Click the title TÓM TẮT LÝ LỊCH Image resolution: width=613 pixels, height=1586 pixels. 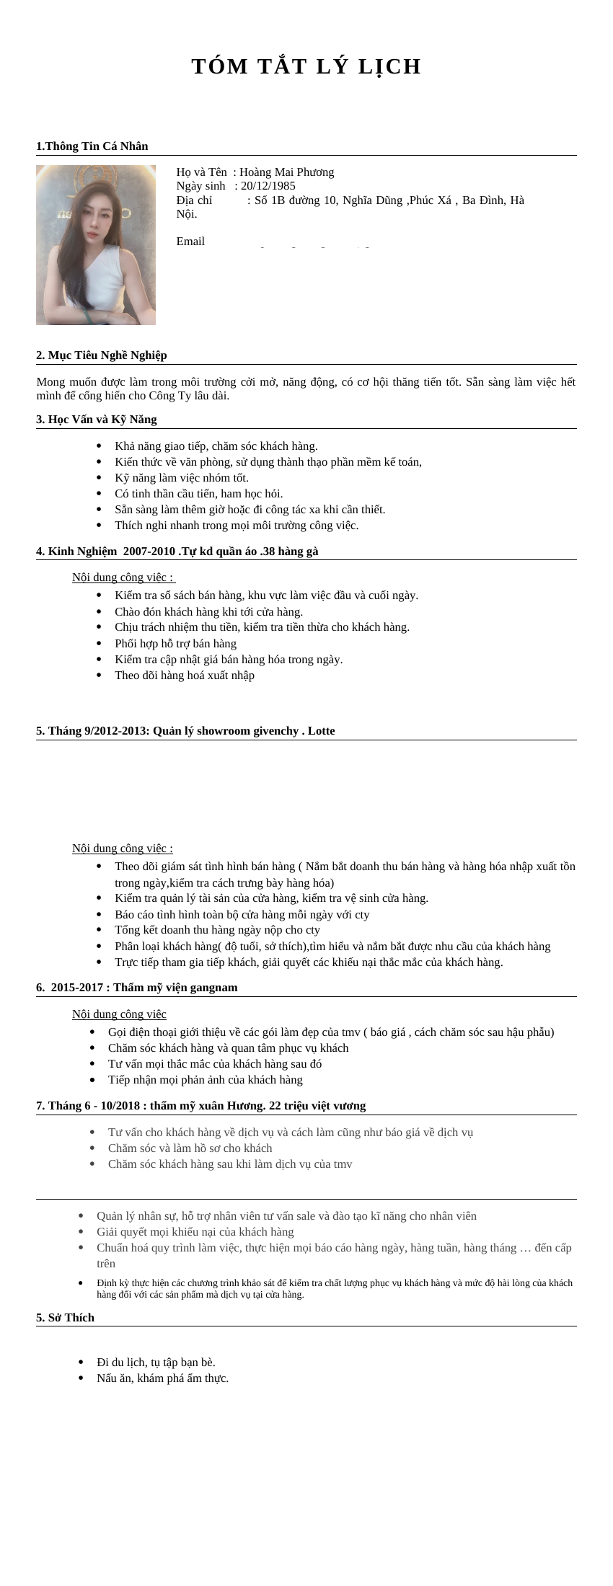pos(306,66)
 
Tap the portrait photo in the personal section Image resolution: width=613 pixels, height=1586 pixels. pos(96,245)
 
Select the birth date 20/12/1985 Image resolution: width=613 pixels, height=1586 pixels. pos(268,186)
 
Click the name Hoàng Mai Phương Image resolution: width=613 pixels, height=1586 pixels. pos(287,172)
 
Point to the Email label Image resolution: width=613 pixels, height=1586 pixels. pos(190,242)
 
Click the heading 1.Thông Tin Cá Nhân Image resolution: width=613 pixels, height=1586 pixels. pos(92,146)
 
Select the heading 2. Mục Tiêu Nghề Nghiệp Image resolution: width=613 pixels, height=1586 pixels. pos(102,355)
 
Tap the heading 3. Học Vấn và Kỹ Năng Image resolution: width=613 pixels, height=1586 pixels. pos(97,420)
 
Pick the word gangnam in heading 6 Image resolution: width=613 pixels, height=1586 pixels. pos(212,988)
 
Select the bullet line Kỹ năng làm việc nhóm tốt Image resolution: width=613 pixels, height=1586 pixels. pos(182,478)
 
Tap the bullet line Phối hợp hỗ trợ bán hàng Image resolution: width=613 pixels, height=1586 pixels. pos(175,644)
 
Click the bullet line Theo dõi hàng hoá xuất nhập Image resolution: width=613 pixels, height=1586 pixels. pos(185,675)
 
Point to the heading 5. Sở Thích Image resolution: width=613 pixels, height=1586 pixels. pos(66,1318)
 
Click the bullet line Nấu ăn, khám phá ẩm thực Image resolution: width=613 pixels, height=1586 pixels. pos(163,1378)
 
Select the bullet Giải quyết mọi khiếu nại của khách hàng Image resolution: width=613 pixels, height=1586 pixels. pos(195,1232)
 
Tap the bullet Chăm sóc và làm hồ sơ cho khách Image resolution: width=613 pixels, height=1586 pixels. pos(190,1148)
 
